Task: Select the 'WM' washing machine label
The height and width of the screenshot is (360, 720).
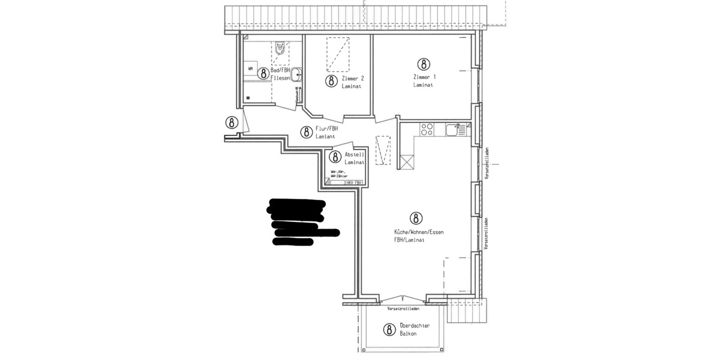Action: (250, 68)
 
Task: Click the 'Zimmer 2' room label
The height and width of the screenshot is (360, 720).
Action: (352, 79)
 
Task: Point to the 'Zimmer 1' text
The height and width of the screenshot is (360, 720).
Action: (424, 77)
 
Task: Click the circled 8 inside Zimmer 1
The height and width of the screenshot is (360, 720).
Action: (424, 64)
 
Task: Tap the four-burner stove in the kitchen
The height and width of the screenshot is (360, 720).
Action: (427, 129)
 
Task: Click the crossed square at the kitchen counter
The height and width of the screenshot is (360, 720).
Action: (406, 162)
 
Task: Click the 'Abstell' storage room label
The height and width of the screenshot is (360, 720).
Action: (355, 155)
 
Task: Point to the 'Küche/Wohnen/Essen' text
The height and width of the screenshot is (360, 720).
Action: (418, 232)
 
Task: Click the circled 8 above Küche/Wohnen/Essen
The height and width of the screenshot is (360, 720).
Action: (414, 217)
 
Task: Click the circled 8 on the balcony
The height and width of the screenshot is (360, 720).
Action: (389, 329)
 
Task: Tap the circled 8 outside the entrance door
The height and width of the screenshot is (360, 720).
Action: (232, 122)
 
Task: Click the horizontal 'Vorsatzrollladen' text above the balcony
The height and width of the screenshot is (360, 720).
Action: (403, 308)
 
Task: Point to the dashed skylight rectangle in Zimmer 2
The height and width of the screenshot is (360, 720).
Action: (337, 52)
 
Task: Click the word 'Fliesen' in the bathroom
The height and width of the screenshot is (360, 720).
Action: (281, 78)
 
